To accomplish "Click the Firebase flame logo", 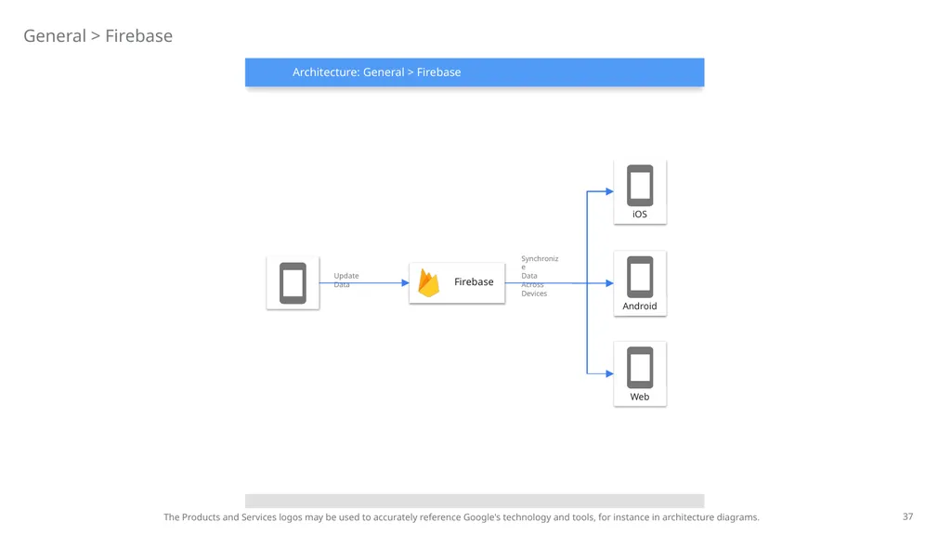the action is tap(429, 283).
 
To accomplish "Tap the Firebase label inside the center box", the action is tap(474, 282).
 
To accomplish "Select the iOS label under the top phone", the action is tap(640, 215).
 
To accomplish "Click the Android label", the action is tap(640, 306).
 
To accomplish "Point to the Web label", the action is tap(640, 397).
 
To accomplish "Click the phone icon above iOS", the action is tap(640, 186).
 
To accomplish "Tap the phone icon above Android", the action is tap(640, 277).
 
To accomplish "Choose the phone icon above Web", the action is tap(640, 368).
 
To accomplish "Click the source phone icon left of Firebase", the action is tap(293, 283).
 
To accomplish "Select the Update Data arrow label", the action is tap(346, 281).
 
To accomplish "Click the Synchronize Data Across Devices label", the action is tap(540, 276).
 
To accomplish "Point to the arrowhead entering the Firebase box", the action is tap(405, 282).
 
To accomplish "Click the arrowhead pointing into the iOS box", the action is tap(609, 191).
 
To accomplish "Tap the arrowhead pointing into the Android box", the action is tap(609, 283).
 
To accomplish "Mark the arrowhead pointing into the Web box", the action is tap(609, 373).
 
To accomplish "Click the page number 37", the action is tap(907, 516).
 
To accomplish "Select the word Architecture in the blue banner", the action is tap(326, 72).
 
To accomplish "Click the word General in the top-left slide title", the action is tap(55, 36).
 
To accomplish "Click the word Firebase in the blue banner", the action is tap(438, 72).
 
